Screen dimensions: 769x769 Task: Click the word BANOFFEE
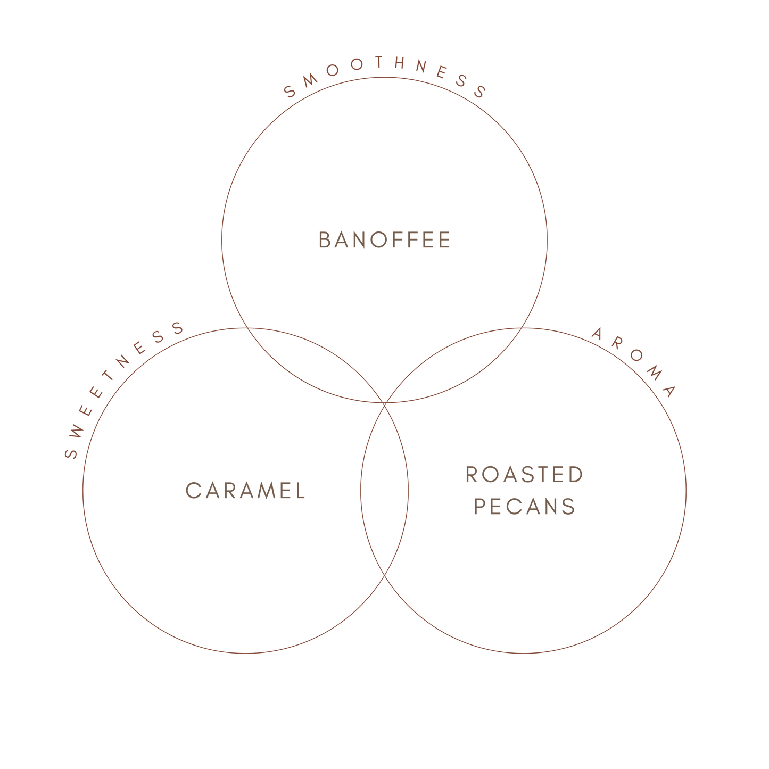384,240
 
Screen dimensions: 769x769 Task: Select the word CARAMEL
245,491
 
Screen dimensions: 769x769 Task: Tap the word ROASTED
524,475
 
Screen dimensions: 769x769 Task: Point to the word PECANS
524,506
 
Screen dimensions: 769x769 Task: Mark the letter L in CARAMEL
300,491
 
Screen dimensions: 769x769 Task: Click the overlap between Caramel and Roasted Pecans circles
385,490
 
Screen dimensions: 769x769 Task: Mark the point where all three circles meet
385,403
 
